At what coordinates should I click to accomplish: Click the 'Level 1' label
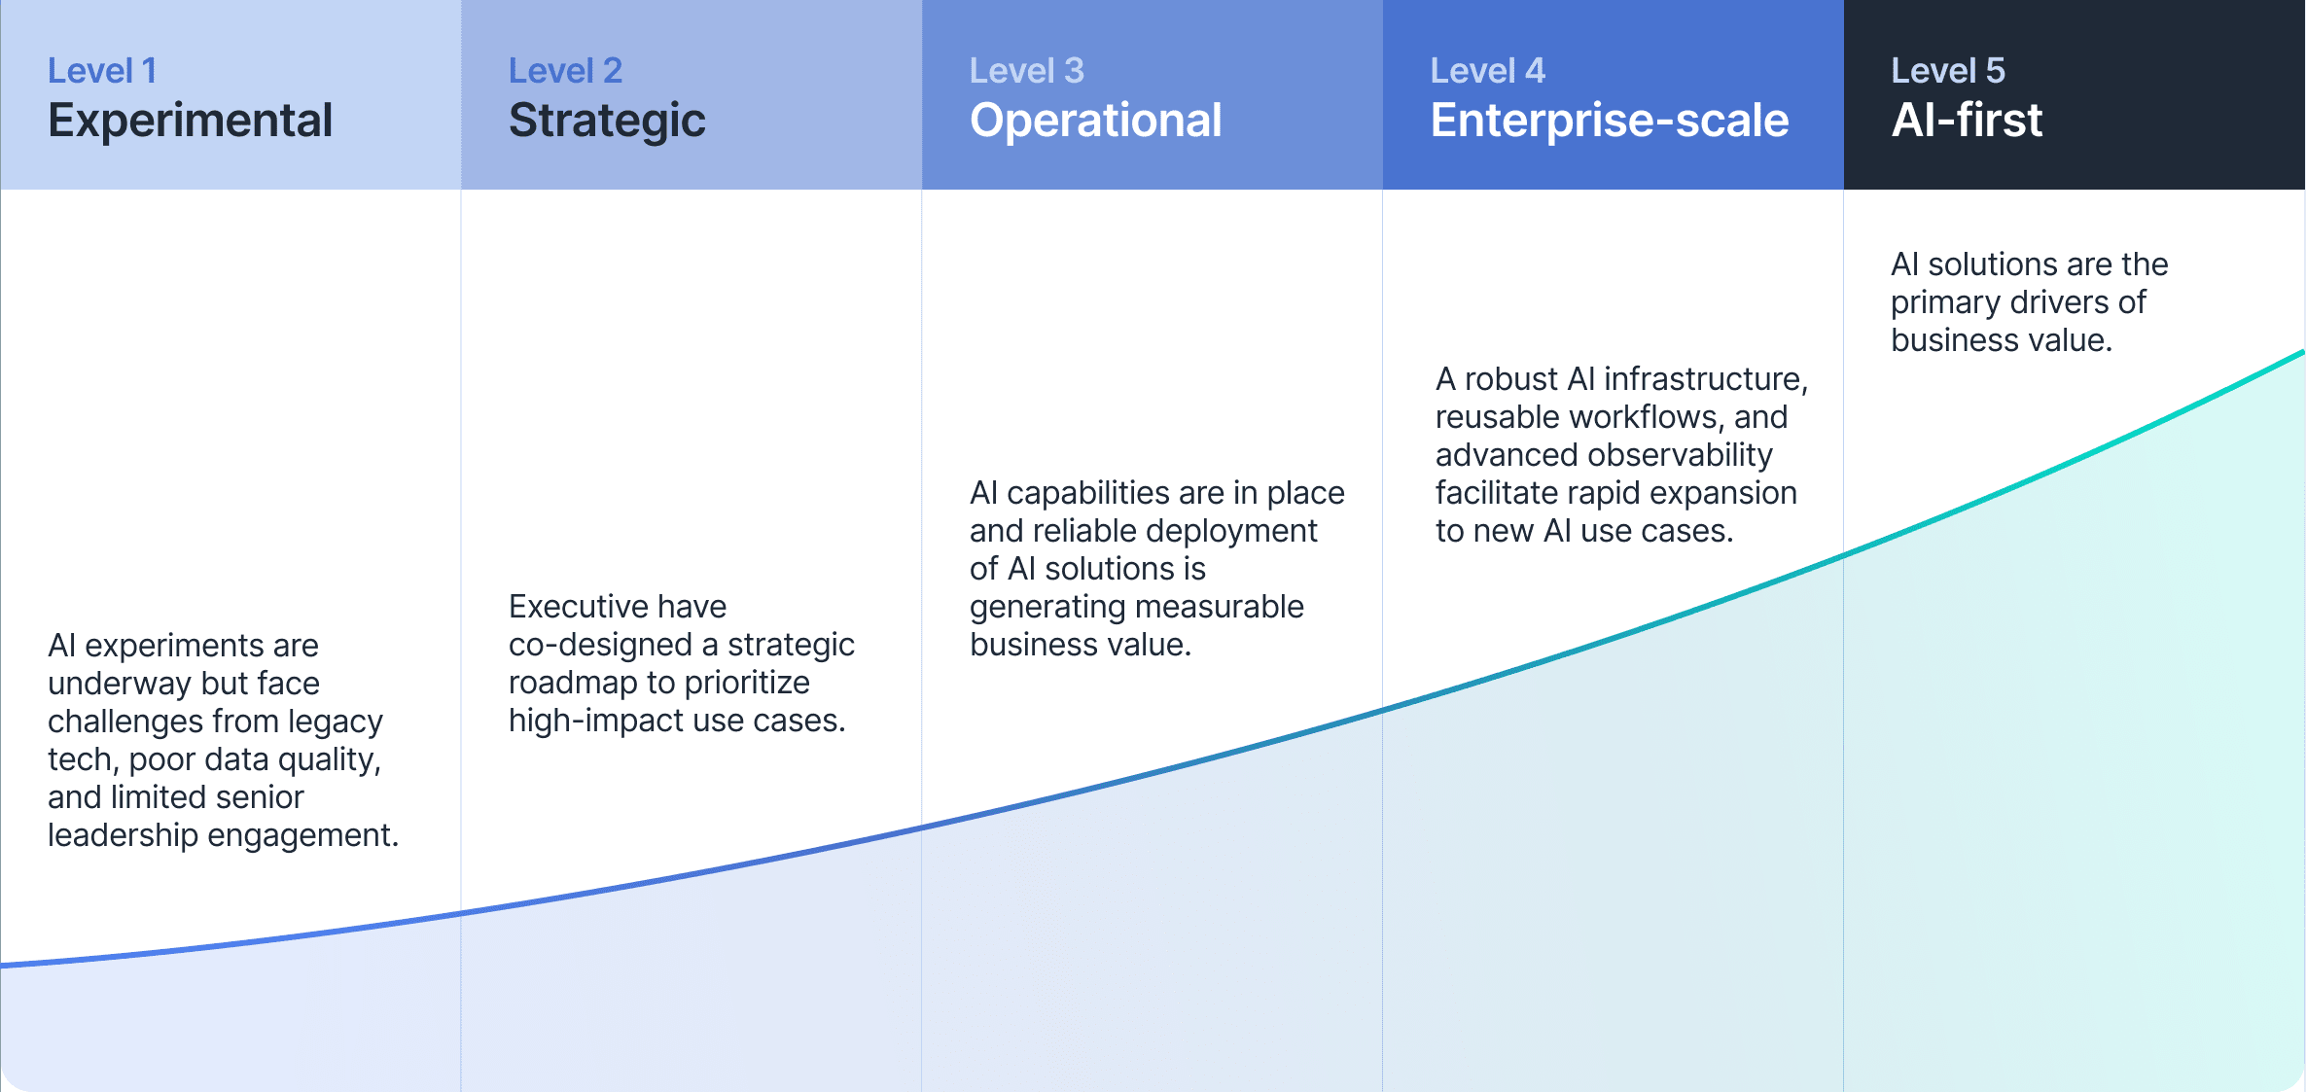[x=102, y=71]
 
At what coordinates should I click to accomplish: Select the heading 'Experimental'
[x=190, y=121]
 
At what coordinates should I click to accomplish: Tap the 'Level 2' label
[x=565, y=71]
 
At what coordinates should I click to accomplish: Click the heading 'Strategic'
[x=607, y=121]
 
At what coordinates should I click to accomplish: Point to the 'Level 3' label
[x=1026, y=71]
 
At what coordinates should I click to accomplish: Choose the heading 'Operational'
[x=1095, y=121]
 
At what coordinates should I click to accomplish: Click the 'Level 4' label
[x=1487, y=71]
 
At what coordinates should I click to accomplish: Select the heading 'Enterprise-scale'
[x=1609, y=121]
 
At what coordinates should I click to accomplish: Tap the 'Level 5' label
[x=1947, y=71]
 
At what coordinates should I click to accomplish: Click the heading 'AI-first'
[x=1966, y=121]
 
